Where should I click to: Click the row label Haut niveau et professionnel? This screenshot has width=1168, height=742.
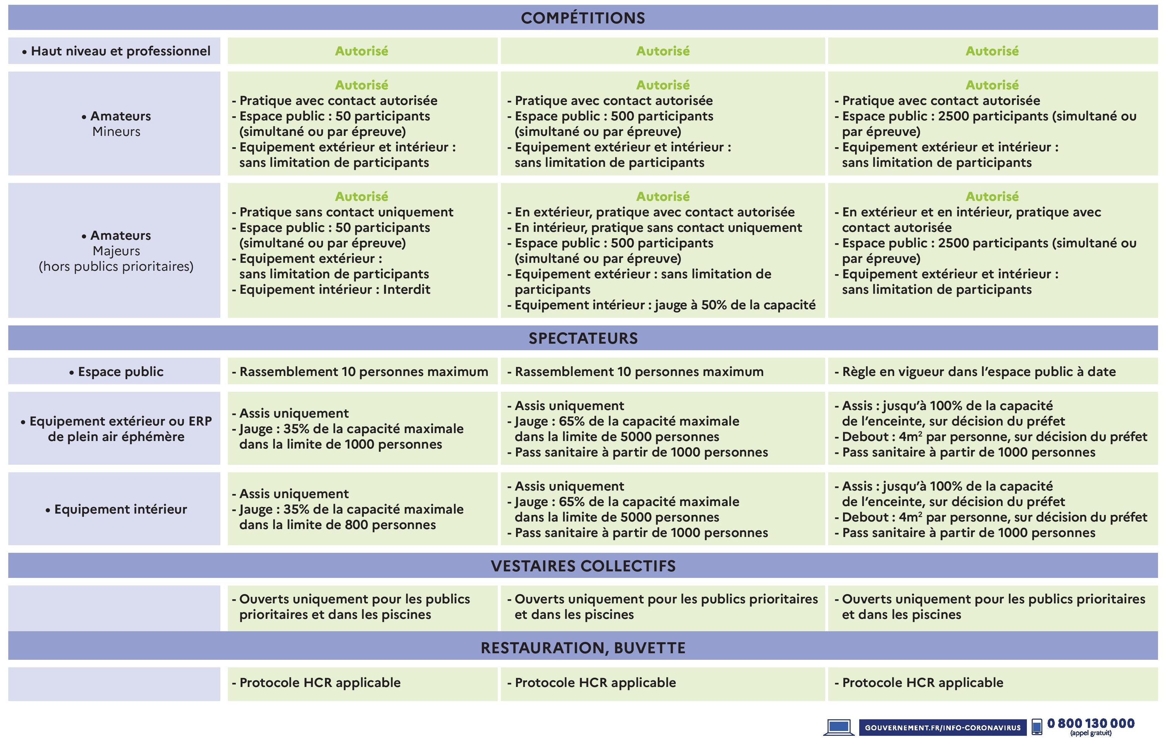point(116,51)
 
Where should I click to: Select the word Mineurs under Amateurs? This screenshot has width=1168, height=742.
point(116,132)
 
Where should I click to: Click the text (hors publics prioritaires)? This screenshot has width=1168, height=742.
point(116,267)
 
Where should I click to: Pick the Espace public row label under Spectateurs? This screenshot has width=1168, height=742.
point(116,372)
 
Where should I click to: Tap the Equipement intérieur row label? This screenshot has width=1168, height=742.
point(116,509)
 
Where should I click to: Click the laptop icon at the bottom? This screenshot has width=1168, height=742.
point(838,727)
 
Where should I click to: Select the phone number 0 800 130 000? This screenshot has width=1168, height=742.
point(1091,723)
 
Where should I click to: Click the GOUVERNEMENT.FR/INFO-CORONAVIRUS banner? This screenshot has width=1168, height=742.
point(943,728)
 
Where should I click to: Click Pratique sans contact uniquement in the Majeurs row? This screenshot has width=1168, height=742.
point(346,212)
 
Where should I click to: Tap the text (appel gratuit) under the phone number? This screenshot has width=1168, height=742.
point(1091,734)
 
